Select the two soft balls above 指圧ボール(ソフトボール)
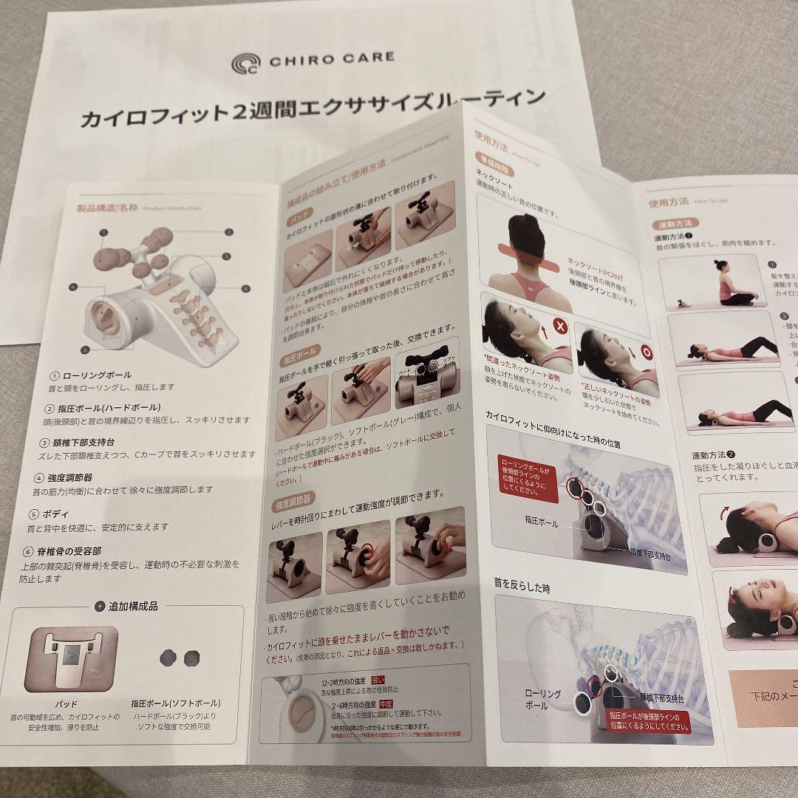181,656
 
